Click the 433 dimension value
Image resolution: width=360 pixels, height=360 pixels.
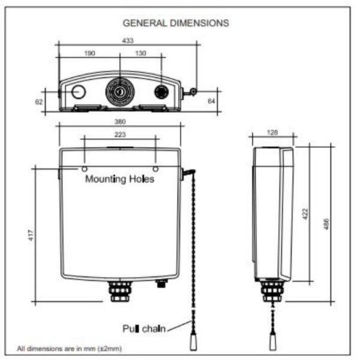point(128,41)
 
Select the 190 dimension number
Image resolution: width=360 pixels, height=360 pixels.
point(89,53)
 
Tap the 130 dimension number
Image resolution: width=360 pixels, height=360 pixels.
point(140,53)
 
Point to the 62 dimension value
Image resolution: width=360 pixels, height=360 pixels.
point(39,102)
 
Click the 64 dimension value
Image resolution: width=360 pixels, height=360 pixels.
point(211,101)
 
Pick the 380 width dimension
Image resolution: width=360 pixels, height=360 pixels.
point(120,121)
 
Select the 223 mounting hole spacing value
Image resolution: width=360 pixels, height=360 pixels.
point(120,134)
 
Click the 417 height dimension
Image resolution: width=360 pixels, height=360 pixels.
point(31,235)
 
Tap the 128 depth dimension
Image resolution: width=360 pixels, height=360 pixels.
point(272,133)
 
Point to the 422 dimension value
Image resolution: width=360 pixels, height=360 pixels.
point(305,214)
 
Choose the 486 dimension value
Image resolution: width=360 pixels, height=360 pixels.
point(326,224)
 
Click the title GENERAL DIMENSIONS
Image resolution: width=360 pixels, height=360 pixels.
point(176,23)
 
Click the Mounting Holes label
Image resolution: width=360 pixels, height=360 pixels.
point(119,179)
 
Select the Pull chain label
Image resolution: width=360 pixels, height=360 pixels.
point(144,329)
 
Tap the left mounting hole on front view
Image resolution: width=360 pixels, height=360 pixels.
point(85,169)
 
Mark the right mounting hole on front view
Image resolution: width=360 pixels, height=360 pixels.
point(155,169)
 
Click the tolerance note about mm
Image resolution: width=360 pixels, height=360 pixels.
point(69,349)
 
